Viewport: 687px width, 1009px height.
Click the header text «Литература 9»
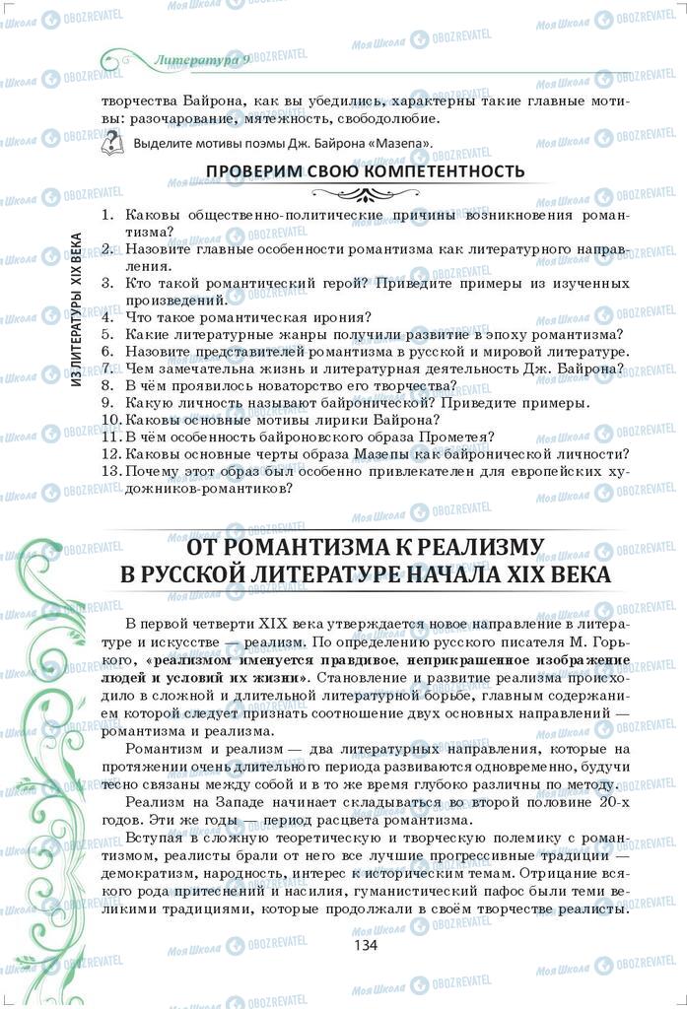[202, 60]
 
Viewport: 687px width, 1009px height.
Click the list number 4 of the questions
[107, 317]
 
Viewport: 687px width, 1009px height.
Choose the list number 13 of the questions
[110, 471]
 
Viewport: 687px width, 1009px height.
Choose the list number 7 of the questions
[107, 369]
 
